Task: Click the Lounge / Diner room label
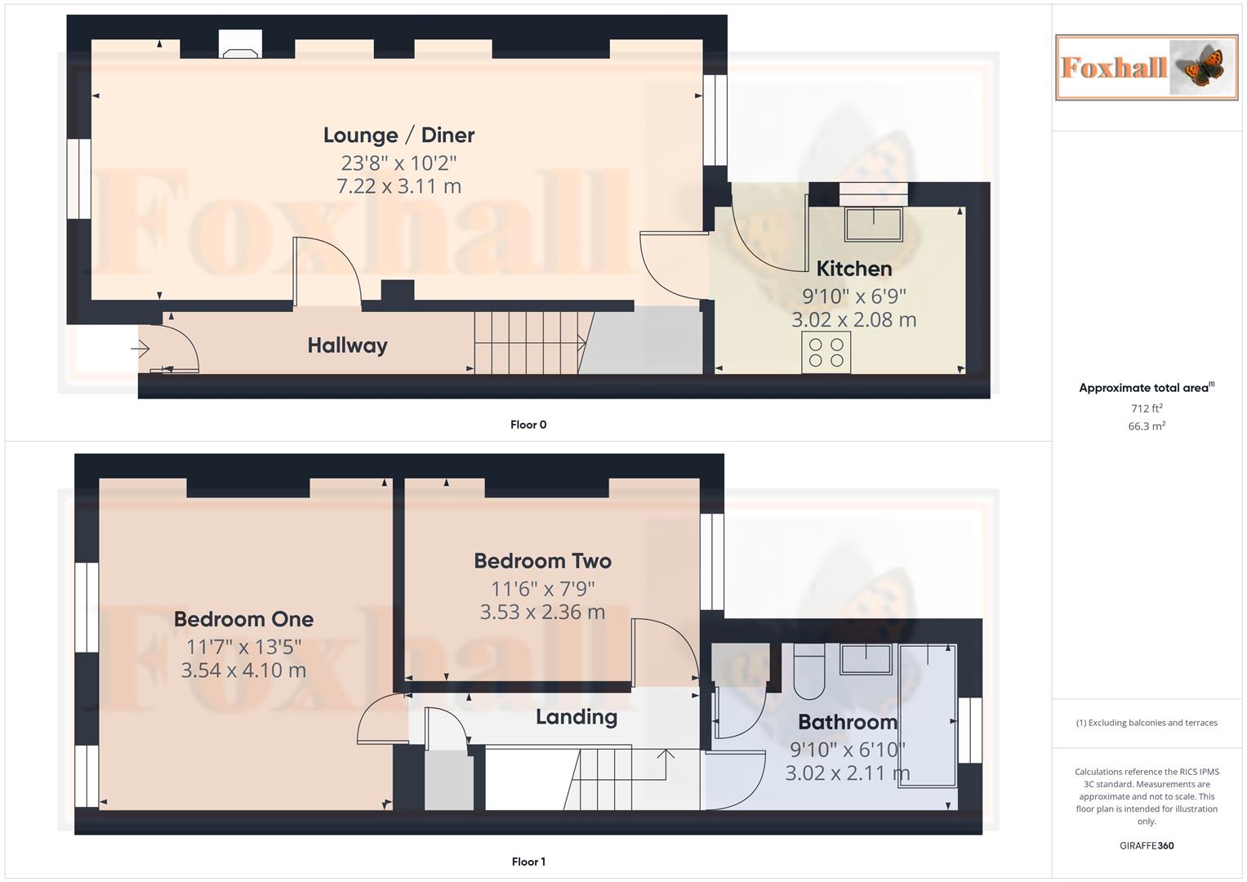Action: tap(399, 136)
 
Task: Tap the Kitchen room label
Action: tap(853, 269)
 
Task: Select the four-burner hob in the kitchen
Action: tap(826, 352)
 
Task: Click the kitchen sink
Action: tap(873, 224)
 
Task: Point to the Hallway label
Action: tap(347, 345)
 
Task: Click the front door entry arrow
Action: tap(140, 350)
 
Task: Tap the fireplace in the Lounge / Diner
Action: tap(241, 46)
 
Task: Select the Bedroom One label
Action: tap(243, 619)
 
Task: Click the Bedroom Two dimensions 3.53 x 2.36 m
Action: tap(542, 612)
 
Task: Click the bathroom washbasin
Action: tap(866, 659)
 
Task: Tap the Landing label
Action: tap(576, 717)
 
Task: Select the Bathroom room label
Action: tap(847, 722)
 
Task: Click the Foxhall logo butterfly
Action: tap(1200, 67)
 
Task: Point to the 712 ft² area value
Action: tap(1146, 408)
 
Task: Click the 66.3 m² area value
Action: tap(1146, 426)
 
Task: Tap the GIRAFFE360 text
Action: tap(1146, 846)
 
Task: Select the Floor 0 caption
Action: tap(528, 425)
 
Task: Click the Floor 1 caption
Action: tap(528, 862)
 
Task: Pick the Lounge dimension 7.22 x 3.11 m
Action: tap(399, 186)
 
